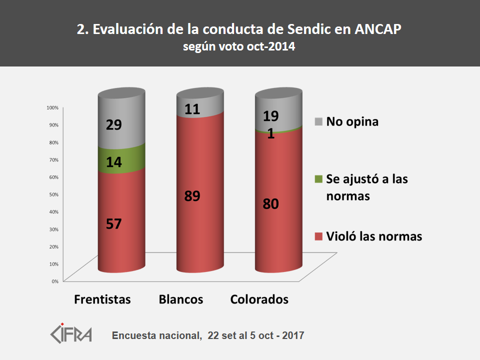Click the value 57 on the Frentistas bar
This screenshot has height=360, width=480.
[114, 223]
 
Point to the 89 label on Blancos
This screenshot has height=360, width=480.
[192, 195]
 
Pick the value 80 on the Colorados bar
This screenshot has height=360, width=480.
[270, 203]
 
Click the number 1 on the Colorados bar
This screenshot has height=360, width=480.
[270, 134]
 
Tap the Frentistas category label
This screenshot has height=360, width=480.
[102, 299]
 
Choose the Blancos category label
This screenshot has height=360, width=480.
[181, 299]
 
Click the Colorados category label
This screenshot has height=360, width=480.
[259, 299]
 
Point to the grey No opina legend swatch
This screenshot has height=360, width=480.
[318, 121]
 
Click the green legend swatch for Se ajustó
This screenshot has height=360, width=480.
[318, 178]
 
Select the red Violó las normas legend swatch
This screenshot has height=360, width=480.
[318, 236]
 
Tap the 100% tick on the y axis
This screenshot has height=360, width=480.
[52, 107]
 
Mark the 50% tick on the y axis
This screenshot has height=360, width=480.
[53, 194]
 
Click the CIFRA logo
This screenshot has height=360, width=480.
[71, 332]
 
